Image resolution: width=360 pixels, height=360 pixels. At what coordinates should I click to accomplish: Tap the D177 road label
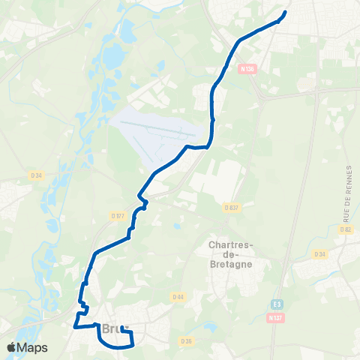[x=116, y=215]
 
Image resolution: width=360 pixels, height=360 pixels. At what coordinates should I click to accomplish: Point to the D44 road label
[x=178, y=295]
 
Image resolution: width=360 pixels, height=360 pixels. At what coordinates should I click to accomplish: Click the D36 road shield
[x=186, y=340]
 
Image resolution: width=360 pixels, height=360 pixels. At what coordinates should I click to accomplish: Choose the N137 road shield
[x=277, y=317]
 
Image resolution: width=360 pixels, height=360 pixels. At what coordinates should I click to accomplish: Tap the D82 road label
[x=345, y=229]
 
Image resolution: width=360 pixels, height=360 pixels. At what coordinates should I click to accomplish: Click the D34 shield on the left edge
[x=36, y=175]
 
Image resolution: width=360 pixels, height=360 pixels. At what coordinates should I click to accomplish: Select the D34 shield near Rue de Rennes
[x=320, y=254]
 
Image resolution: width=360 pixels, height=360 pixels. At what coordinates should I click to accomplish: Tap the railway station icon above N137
[x=277, y=304]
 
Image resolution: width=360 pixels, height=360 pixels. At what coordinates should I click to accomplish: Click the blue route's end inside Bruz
[x=121, y=328]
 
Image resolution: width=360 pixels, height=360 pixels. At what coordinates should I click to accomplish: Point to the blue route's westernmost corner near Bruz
[x=73, y=327]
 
